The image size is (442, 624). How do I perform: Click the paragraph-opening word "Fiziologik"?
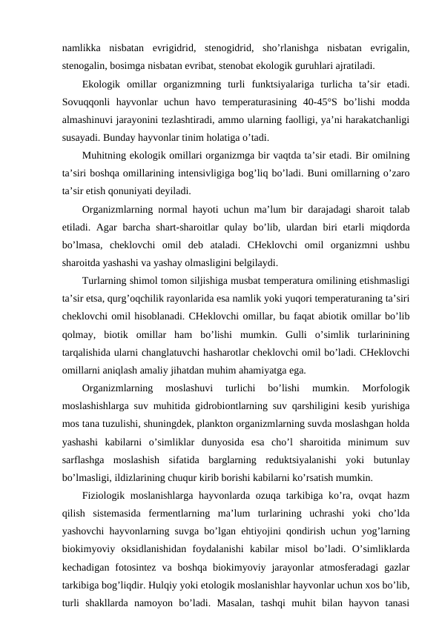(x=106, y=492)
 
